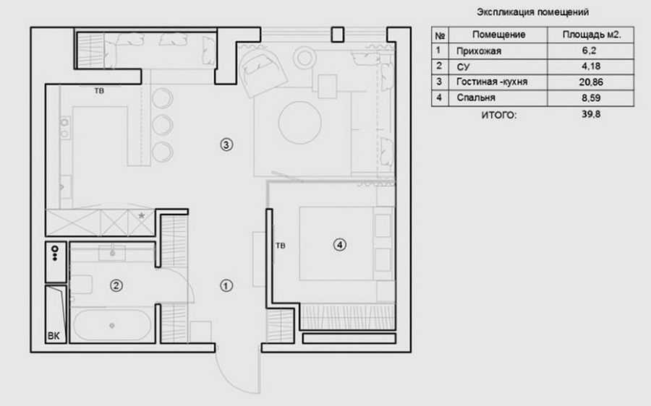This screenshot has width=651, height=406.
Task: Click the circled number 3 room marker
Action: (226, 144)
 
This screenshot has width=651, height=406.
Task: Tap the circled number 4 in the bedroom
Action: (340, 245)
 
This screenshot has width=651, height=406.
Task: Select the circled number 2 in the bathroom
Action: (116, 285)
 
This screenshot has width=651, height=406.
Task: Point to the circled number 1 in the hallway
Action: (226, 286)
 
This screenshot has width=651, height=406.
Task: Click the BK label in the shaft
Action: (54, 336)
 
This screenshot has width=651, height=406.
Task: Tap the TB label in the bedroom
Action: (280, 246)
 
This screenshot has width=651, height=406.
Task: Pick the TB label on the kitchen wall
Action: (99, 91)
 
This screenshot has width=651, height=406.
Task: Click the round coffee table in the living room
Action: (299, 123)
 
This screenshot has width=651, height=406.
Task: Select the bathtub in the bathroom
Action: (112, 326)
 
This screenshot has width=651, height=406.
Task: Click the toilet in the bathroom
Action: (81, 285)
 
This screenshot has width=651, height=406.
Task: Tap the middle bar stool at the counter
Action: (162, 125)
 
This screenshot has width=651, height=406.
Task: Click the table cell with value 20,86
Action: (591, 82)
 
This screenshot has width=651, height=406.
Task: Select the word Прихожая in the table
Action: (479, 51)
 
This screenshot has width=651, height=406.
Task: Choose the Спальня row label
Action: (476, 98)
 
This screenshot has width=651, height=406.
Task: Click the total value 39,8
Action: (591, 114)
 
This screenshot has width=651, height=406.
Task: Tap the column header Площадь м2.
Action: (592, 35)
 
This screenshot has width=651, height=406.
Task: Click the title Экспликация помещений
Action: (532, 12)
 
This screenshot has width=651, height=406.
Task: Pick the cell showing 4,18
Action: (591, 66)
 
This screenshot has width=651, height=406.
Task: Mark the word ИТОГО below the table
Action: (499, 115)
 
